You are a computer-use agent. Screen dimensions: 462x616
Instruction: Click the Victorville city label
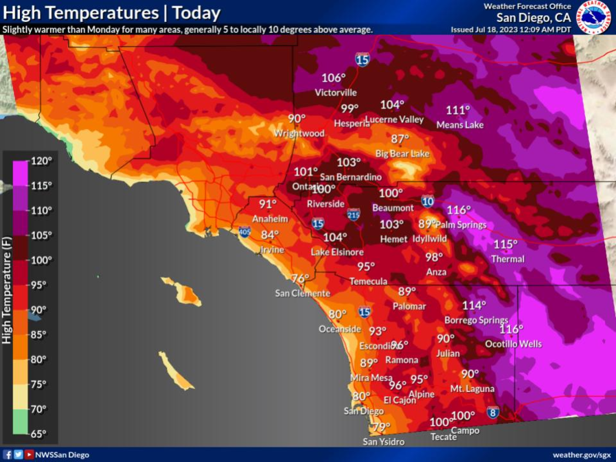[336, 92]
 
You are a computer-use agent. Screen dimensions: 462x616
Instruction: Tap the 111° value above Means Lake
[457, 110]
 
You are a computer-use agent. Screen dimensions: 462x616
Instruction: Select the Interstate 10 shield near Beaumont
[427, 201]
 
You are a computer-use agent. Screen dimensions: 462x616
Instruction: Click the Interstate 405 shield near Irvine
[244, 231]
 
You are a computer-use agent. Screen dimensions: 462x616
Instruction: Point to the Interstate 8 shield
[493, 413]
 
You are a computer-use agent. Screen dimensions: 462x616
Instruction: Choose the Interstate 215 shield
[353, 215]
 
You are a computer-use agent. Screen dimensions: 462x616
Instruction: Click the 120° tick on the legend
[41, 161]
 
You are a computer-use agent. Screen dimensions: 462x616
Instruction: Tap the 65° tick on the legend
[38, 434]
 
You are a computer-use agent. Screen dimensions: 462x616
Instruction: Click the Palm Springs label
[461, 225]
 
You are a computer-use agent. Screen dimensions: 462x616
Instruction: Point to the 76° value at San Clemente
[300, 279]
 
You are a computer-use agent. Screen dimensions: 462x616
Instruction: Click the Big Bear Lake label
[402, 154]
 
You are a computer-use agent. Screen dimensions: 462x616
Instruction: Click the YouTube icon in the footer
[29, 455]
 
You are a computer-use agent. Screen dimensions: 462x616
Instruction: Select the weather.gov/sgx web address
[582, 455]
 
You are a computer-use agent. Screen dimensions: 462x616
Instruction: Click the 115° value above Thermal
[505, 244]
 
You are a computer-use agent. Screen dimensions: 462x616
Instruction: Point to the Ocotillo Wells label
[513, 344]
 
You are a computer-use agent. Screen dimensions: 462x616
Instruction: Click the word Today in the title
[196, 13]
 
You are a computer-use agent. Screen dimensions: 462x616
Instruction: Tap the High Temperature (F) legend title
[7, 290]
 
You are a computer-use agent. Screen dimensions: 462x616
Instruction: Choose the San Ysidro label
[384, 442]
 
